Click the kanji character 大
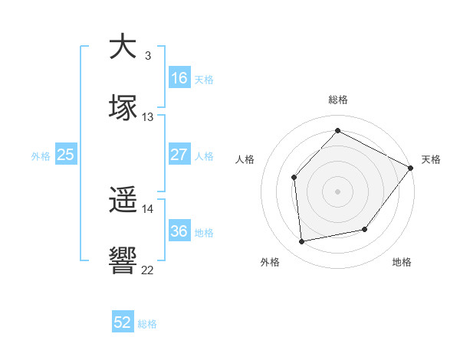pyautogui.click(x=123, y=47)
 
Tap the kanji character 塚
pyautogui.click(x=123, y=108)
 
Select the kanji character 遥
pyautogui.click(x=123, y=201)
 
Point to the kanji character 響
pyautogui.click(x=123, y=261)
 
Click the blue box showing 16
pyautogui.click(x=179, y=78)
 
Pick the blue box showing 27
pyautogui.click(x=179, y=155)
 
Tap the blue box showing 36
pyautogui.click(x=179, y=232)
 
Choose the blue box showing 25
pyautogui.click(x=65, y=155)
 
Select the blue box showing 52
pyautogui.click(x=123, y=323)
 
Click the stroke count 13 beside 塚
pyautogui.click(x=148, y=117)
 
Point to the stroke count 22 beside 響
pyautogui.click(x=148, y=270)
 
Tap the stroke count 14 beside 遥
pyautogui.click(x=148, y=208)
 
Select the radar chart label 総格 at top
pyautogui.click(x=337, y=100)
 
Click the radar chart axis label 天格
pyautogui.click(x=431, y=159)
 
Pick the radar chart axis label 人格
pyautogui.click(x=245, y=159)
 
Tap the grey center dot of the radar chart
pyautogui.click(x=337, y=191)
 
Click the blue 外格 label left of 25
pyautogui.click(x=41, y=155)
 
